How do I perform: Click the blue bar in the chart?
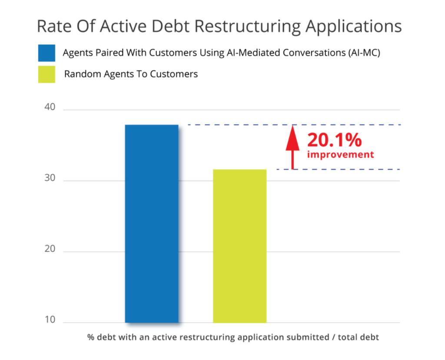pyautogui.click(x=152, y=224)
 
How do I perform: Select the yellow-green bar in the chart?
pyautogui.click(x=240, y=246)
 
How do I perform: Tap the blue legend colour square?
pyautogui.click(x=46, y=53)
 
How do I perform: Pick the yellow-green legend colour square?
pyautogui.click(x=46, y=74)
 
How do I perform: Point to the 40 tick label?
pyautogui.click(x=50, y=107)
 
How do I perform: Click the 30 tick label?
pyautogui.click(x=50, y=178)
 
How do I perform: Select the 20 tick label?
pyautogui.click(x=50, y=249)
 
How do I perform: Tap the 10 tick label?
pyautogui.click(x=50, y=320)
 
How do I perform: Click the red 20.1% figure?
pyautogui.click(x=335, y=140)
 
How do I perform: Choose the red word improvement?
pyautogui.click(x=341, y=154)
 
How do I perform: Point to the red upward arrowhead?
pyautogui.click(x=292, y=138)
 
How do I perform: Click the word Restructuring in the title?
pyautogui.click(x=247, y=27)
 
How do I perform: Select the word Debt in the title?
pyautogui.click(x=170, y=26)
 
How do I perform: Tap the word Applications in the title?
pyautogui.click(x=354, y=27)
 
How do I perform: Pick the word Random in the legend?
pyautogui.click(x=83, y=74)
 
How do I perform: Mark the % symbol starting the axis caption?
pyautogui.click(x=90, y=337)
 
